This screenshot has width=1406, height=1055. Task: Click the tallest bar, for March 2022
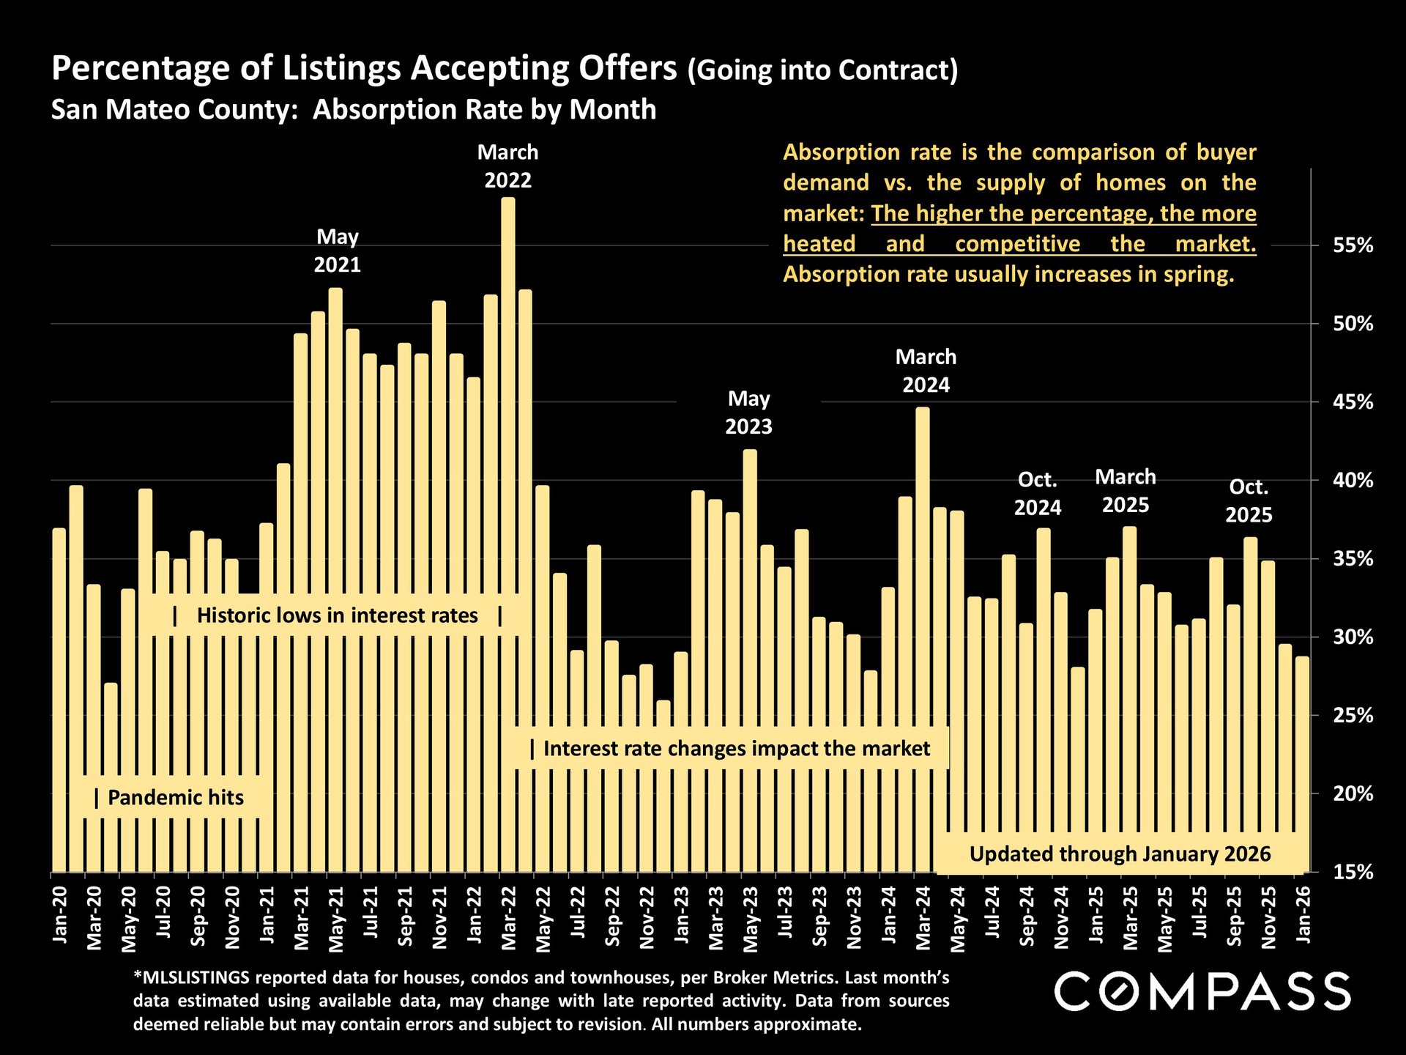(x=508, y=535)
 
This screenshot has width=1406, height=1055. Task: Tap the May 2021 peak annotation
(x=338, y=251)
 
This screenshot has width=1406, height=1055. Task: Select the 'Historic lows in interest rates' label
(x=338, y=615)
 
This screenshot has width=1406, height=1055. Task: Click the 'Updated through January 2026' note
(x=1120, y=854)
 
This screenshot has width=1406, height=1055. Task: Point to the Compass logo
(x=1202, y=991)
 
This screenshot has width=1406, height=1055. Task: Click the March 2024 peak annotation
(x=926, y=371)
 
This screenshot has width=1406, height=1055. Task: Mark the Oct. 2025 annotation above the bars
(x=1249, y=501)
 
